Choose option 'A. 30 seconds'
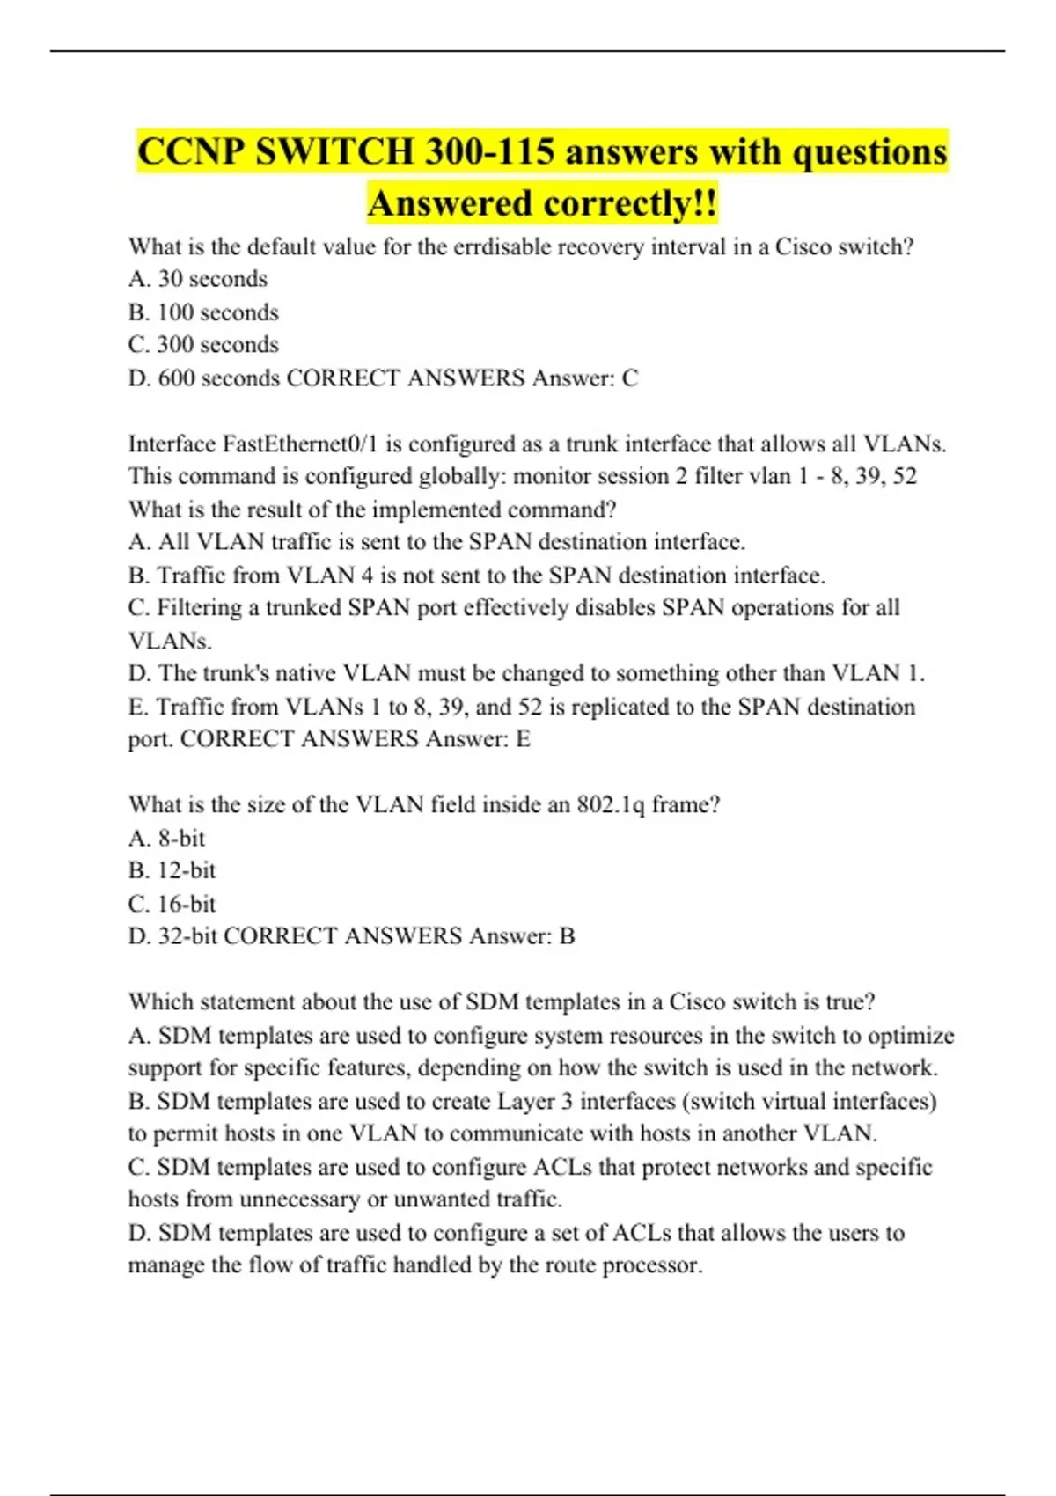(x=198, y=279)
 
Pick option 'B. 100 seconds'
(x=203, y=312)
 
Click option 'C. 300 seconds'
(x=203, y=345)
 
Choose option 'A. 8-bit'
(x=166, y=839)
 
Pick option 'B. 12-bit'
(x=172, y=871)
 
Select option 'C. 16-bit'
(x=172, y=904)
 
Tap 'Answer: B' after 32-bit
(x=522, y=936)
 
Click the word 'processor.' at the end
(x=653, y=1265)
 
